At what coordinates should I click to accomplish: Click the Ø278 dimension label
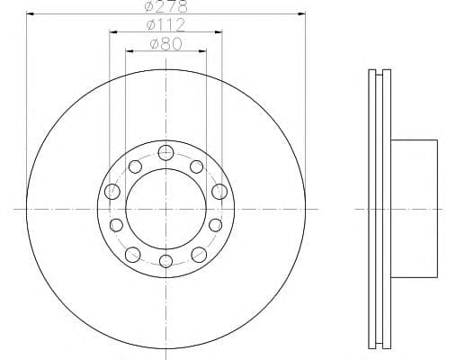pyautogui.click(x=165, y=7)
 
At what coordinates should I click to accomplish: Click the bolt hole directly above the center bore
pyautogui.click(x=165, y=152)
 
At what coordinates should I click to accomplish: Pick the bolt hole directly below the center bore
pyautogui.click(x=165, y=262)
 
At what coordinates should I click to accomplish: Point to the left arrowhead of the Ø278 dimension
pyautogui.click(x=29, y=15)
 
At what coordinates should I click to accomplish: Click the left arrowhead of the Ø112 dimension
pyautogui.click(x=112, y=33)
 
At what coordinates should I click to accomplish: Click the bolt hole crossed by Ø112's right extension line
pyautogui.click(x=219, y=191)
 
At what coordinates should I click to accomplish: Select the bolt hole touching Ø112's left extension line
pyautogui.click(x=112, y=191)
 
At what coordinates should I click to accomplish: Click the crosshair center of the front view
pyautogui.click(x=165, y=207)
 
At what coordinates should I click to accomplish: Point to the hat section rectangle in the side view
pyautogui.click(x=413, y=207)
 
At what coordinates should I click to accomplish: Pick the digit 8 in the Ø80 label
pyautogui.click(x=165, y=43)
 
